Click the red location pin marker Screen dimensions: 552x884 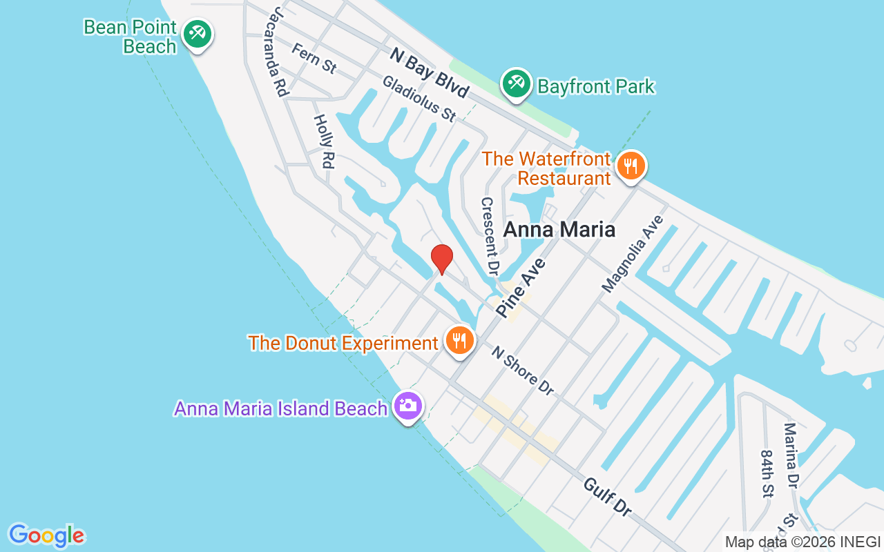click(442, 259)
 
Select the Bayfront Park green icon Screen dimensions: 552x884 click(515, 84)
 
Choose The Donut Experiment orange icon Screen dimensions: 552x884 click(459, 341)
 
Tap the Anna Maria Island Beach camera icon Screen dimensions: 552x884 click(408, 406)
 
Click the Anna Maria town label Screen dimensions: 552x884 click(559, 229)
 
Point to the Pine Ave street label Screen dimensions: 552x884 click(521, 288)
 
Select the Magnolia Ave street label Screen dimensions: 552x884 click(633, 254)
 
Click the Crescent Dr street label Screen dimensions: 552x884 click(490, 234)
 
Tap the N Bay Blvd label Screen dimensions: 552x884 click(429, 72)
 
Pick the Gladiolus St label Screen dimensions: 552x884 click(419, 99)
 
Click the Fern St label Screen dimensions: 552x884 click(314, 58)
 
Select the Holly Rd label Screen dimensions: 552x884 click(323, 141)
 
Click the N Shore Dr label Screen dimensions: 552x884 click(523, 371)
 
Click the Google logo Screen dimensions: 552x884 click(46, 535)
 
